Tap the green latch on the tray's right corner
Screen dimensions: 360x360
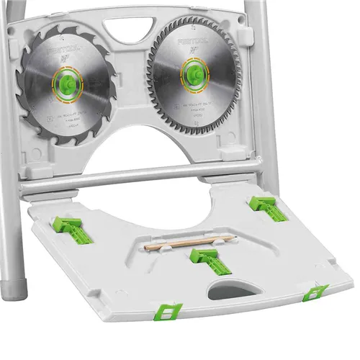[x=315, y=292]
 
